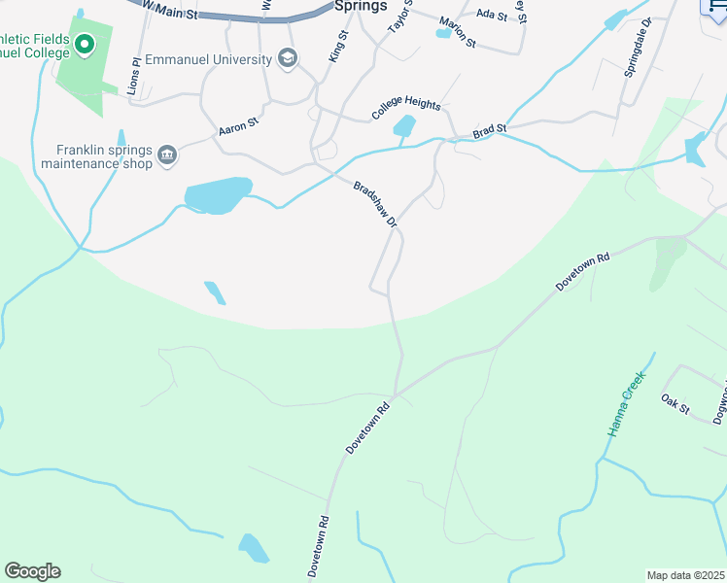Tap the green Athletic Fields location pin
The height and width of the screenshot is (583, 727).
click(x=85, y=45)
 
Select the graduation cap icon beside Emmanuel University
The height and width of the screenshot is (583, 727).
click(x=288, y=59)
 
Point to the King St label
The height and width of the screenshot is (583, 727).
click(x=338, y=47)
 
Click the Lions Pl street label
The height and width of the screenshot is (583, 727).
click(x=136, y=74)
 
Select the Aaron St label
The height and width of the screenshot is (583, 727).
click(x=238, y=125)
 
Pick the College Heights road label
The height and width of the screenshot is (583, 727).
click(x=406, y=109)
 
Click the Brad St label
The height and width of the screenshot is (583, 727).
click(x=490, y=129)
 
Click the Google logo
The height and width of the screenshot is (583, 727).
click(x=32, y=571)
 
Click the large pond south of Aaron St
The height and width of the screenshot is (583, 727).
click(x=218, y=194)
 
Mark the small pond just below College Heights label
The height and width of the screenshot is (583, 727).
click(x=403, y=126)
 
